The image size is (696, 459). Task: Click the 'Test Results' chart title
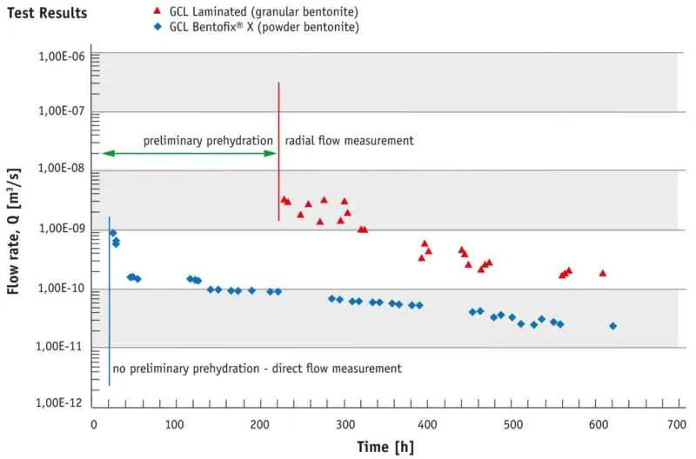coord(47,13)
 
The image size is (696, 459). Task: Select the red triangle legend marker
coord(157,10)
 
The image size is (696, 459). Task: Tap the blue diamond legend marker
coord(157,27)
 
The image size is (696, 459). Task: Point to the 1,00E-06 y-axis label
coord(61,57)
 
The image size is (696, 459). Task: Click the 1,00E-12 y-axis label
coord(59,402)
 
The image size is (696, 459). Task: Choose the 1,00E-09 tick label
coord(61,229)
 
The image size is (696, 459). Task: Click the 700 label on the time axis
coord(677,424)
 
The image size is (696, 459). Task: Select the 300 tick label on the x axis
coord(345,424)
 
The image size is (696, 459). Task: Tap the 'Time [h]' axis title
coord(385,447)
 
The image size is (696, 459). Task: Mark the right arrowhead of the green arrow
coord(271,154)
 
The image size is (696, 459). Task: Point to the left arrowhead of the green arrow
coord(108,154)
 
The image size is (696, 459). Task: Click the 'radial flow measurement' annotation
coord(349,141)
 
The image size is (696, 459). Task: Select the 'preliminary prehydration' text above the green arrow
coord(208,141)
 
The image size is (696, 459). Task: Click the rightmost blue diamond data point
coord(613,326)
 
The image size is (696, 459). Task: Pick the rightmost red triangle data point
coord(602,273)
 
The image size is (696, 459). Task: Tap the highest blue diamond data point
coord(113,233)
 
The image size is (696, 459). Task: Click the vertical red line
coord(278,151)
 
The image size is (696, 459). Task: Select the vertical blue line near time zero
coord(110,301)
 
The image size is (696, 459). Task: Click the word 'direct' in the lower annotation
coord(287,369)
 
